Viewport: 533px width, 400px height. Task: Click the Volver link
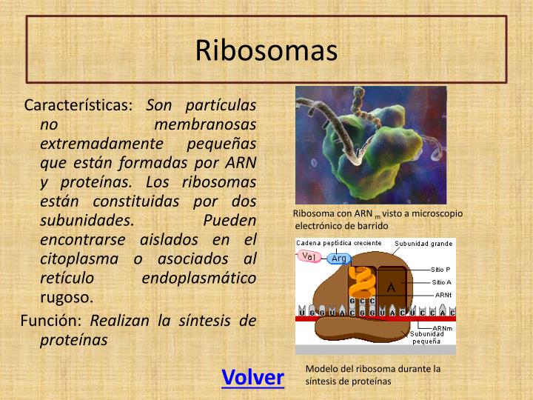[x=252, y=377]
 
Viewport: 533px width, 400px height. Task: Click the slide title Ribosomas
[x=266, y=50]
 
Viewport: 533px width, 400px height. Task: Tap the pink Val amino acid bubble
[x=310, y=256]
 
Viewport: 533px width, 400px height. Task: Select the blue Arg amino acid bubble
[x=339, y=259]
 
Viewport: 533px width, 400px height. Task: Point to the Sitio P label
[x=443, y=270]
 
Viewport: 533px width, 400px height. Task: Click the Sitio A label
[x=443, y=282]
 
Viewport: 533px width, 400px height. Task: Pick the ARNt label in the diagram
[x=444, y=294]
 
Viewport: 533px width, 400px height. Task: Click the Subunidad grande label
[x=423, y=243]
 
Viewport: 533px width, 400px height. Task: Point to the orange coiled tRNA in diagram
[x=361, y=281]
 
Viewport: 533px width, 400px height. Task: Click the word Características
[x=78, y=104]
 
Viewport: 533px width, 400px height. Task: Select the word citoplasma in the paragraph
[x=79, y=259]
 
